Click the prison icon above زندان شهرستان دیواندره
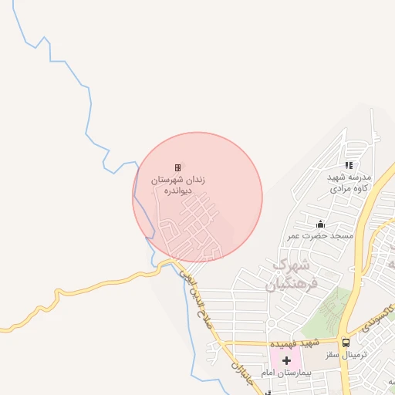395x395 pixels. point(177,167)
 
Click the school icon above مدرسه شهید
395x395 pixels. point(349,164)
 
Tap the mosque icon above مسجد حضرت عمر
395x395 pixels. point(321,225)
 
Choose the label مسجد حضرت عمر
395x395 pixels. point(321,235)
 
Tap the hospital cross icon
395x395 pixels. point(286,360)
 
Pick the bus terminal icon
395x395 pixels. point(346,343)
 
